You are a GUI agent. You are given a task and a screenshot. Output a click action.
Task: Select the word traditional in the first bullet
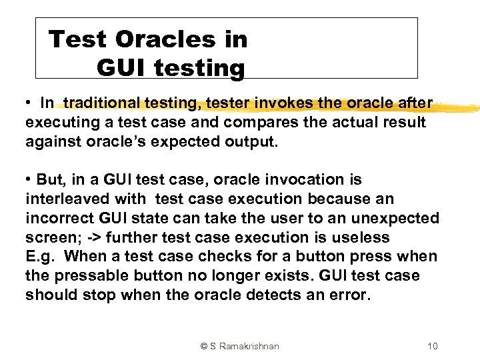[x=102, y=103]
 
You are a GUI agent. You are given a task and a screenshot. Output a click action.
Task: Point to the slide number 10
[x=432, y=346]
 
